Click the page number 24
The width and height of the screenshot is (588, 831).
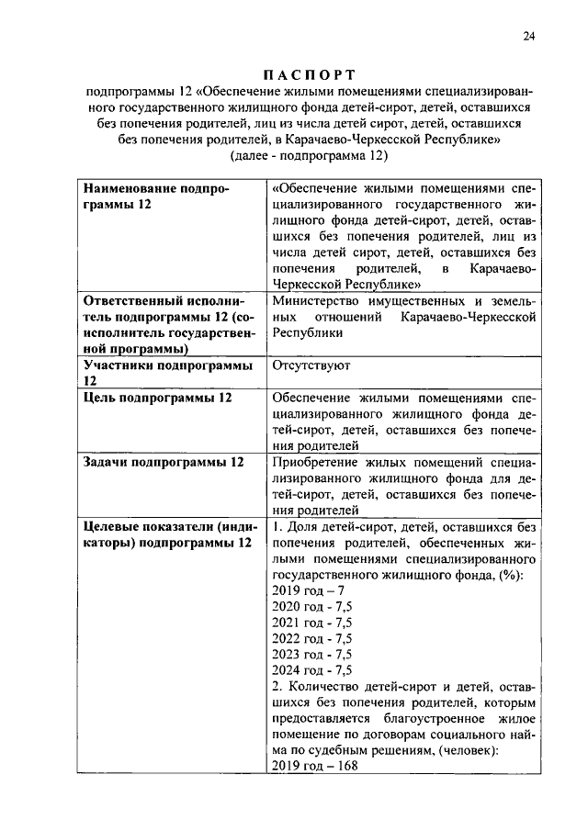pyautogui.click(x=529, y=36)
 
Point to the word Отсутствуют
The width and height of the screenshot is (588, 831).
pyautogui.click(x=311, y=365)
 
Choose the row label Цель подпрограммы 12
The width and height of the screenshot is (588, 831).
pyautogui.click(x=157, y=398)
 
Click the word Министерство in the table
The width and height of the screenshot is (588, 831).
pyautogui.click(x=317, y=300)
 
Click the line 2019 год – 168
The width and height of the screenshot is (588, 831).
pyautogui.click(x=313, y=767)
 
